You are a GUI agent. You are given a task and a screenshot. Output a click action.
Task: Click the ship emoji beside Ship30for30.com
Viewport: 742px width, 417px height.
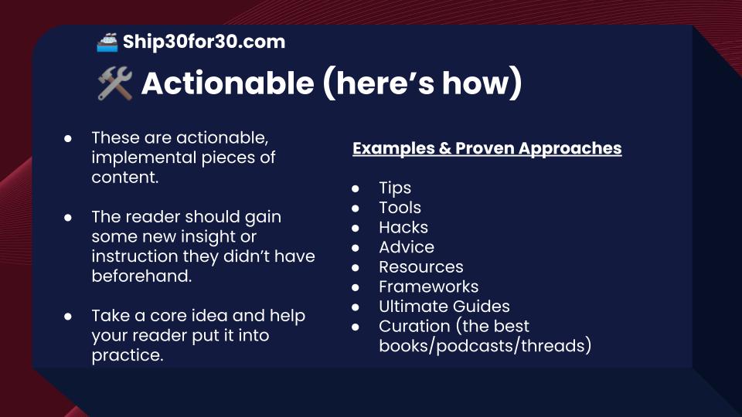[x=107, y=42]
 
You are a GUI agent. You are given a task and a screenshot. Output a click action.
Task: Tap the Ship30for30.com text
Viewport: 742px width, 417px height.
[x=203, y=42]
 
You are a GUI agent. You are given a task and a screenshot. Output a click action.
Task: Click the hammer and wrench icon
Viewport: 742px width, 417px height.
[x=114, y=83]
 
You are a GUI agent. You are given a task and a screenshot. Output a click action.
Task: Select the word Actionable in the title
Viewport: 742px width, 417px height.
[x=226, y=83]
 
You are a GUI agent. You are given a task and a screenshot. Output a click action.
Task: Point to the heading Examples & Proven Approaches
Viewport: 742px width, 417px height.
[x=487, y=148]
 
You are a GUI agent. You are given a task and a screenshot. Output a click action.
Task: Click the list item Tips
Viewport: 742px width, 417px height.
[x=394, y=188]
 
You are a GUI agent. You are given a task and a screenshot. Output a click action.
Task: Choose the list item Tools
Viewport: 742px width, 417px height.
[x=400, y=208]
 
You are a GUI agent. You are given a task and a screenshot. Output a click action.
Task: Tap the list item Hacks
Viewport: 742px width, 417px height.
[x=403, y=227]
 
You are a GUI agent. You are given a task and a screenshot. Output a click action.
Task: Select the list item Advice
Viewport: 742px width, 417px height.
[x=406, y=247]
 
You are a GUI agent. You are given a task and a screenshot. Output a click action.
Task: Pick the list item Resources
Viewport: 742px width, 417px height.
[x=420, y=267]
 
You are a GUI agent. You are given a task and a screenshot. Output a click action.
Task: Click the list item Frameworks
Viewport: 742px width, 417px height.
[x=428, y=286]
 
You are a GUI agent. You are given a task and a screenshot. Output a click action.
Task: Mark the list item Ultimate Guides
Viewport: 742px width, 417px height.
[x=444, y=307]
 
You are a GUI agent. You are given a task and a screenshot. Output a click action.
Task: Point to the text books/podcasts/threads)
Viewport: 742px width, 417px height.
[x=485, y=346]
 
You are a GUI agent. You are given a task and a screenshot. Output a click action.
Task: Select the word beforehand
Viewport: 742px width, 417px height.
[x=141, y=276]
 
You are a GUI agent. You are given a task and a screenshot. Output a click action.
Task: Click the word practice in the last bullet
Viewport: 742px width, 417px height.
[x=127, y=355]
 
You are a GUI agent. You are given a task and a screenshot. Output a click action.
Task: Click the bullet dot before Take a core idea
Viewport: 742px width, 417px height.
[x=68, y=317]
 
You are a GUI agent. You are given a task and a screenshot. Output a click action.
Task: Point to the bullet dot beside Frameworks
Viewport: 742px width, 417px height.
[x=356, y=287]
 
